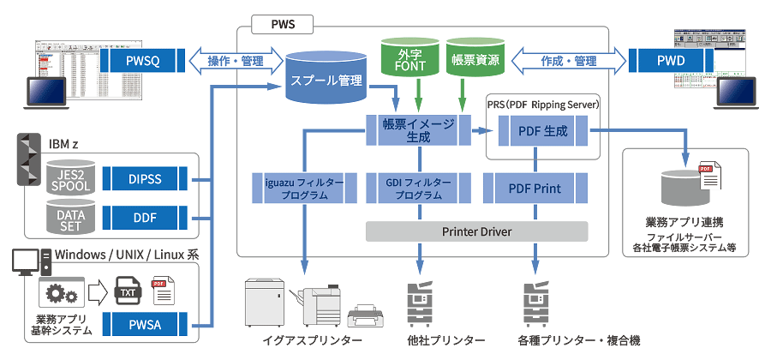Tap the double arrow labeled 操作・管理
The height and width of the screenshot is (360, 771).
coord(235,61)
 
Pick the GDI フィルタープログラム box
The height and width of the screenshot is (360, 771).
coord(419,189)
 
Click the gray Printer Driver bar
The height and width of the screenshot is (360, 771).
coord(476,231)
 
